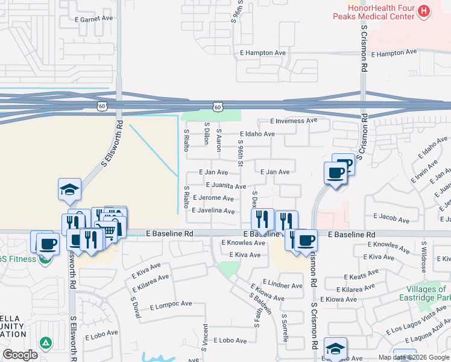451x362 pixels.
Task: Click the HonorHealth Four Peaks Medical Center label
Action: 374,12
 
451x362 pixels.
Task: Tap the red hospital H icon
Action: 425,11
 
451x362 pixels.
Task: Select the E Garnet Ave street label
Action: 94,19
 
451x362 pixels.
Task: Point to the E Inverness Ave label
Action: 294,121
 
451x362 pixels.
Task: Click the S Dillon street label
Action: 206,133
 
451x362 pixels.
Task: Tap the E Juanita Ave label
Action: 226,186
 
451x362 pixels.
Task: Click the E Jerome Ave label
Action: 213,198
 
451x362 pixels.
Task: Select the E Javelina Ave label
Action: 213,211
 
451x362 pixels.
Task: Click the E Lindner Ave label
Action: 282,285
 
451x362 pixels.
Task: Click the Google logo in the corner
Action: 20,355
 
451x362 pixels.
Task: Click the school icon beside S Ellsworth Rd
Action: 69,189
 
